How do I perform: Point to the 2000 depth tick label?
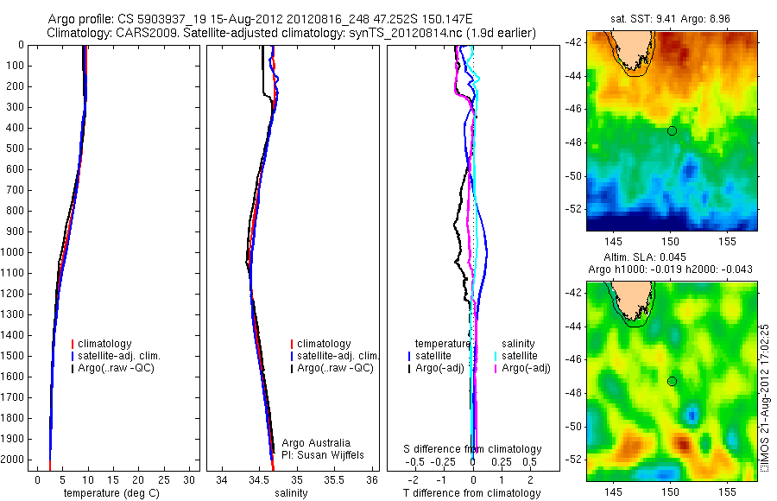(x=14, y=460)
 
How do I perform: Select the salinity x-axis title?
(x=291, y=493)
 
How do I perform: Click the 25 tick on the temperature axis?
(x=165, y=479)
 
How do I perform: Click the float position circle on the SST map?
(x=672, y=130)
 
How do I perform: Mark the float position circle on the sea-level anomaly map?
(x=672, y=381)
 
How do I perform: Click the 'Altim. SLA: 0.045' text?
(x=668, y=257)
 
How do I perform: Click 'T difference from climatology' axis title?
(x=472, y=493)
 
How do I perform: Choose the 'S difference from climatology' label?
(x=472, y=449)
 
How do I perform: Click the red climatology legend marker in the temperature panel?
(x=73, y=344)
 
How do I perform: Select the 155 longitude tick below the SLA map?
(x=726, y=491)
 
